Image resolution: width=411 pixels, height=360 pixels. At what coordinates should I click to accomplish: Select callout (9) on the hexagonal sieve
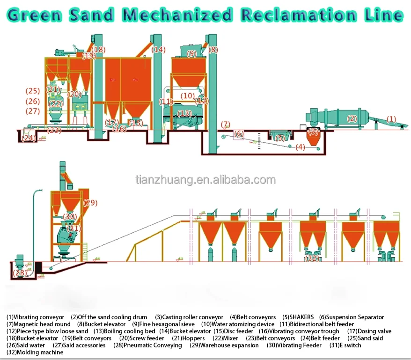pos(191,53)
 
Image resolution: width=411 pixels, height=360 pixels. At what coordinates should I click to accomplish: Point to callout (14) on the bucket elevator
pos(159,49)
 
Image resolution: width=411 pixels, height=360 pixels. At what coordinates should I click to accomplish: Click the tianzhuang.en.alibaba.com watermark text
pos(205,180)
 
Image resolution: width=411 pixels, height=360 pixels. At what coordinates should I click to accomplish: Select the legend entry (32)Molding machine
pos(35,352)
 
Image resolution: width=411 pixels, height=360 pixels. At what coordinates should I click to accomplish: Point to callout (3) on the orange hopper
pos(313,132)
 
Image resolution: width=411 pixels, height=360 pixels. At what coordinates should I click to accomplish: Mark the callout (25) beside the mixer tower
pos(33,90)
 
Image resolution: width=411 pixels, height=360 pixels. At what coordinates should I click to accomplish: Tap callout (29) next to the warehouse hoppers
pos(90,203)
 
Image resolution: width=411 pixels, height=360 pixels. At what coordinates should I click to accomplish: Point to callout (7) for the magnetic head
pos(225,124)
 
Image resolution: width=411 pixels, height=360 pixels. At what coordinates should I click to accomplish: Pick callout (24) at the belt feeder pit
pos(28,138)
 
